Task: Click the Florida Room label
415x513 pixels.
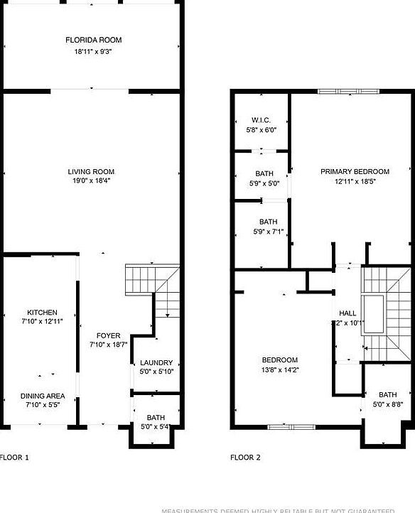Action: click(x=90, y=40)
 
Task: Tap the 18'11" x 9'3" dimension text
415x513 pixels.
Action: click(x=90, y=51)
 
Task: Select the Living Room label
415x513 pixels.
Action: click(x=91, y=171)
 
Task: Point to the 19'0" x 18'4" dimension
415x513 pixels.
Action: click(x=91, y=180)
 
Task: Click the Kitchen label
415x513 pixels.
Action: click(x=42, y=313)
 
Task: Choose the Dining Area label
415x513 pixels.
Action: click(x=42, y=396)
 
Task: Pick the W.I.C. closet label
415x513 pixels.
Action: click(x=261, y=121)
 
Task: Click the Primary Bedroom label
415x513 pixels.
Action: click(x=355, y=171)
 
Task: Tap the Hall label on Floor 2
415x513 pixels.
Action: click(x=347, y=313)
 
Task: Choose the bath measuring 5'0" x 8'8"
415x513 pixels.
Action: click(x=387, y=395)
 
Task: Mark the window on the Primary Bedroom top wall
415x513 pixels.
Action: click(x=348, y=91)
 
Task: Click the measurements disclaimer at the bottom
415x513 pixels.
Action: click(x=287, y=509)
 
